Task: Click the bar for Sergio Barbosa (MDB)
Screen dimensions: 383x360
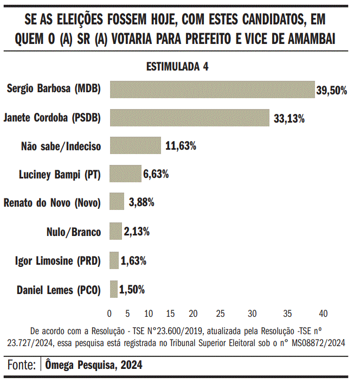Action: pos(212,90)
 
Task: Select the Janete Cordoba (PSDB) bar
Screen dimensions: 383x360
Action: pos(189,118)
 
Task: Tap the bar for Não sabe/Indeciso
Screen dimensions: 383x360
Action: pos(135,146)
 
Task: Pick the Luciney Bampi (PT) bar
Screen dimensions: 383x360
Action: pos(125,174)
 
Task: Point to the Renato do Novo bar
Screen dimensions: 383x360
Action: pos(117,202)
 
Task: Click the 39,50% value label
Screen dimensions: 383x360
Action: pos(331,91)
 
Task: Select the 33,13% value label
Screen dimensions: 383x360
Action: pos(289,118)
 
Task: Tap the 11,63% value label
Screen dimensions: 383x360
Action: pos(181,146)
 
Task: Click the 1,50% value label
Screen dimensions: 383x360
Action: pos(132,290)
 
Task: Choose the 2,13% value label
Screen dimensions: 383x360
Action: pos(137,232)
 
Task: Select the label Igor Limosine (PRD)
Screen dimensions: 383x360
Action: pos(57,261)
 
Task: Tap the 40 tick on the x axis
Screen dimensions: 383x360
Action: pos(323,314)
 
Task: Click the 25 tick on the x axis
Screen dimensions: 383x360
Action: pos(220,314)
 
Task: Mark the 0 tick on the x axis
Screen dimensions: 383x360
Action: pos(110,314)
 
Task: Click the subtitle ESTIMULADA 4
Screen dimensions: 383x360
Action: pos(177,67)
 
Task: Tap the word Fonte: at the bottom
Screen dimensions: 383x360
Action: pos(22,365)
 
